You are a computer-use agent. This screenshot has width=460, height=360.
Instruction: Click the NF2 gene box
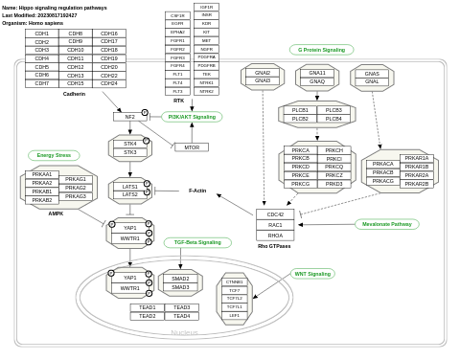pyautogui.click(x=129, y=117)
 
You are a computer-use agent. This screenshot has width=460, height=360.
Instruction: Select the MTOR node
pyautogui.click(x=191, y=147)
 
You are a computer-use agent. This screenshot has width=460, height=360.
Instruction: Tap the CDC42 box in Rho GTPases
pyautogui.click(x=275, y=214)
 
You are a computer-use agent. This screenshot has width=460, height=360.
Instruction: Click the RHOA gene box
pyautogui.click(x=275, y=235)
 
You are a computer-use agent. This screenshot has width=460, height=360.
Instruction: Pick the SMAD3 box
pyautogui.click(x=180, y=287)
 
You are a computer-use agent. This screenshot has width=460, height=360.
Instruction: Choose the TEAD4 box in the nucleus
pyautogui.click(x=181, y=316)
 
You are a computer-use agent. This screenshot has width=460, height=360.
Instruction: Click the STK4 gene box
pyautogui.click(x=130, y=144)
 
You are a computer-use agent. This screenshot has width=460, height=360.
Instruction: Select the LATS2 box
pyautogui.click(x=130, y=194)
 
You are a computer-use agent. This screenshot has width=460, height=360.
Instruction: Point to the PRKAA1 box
pyautogui.click(x=42, y=175)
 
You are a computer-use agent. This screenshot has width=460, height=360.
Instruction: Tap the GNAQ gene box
pyautogui.click(x=317, y=81)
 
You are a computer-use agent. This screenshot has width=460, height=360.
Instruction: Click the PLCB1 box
pyautogui.click(x=300, y=110)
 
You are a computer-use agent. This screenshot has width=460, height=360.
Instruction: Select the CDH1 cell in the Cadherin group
pyautogui.click(x=42, y=34)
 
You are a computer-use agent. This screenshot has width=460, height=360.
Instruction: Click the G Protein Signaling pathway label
pyautogui.click(x=321, y=50)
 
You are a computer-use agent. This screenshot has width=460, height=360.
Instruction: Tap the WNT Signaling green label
pyautogui.click(x=312, y=274)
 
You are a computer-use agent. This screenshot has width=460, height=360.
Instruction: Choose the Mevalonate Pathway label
pyautogui.click(x=386, y=224)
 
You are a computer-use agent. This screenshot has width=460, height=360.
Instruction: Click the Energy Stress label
pyautogui.click(x=54, y=155)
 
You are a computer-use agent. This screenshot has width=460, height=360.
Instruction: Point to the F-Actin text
pyautogui.click(x=197, y=191)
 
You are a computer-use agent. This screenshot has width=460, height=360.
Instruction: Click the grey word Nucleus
pyautogui.click(x=184, y=332)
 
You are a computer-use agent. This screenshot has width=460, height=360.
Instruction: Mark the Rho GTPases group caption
pyautogui.click(x=274, y=246)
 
